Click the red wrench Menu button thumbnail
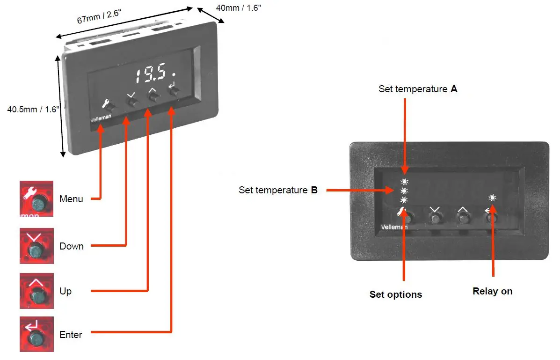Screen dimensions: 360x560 tap(36, 199)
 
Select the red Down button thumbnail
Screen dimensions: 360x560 tap(36, 245)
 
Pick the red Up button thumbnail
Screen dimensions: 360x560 tap(36, 291)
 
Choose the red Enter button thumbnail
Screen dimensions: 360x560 tap(36, 334)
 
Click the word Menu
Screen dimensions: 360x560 tap(71, 199)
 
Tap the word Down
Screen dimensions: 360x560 tap(72, 246)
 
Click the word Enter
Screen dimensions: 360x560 tap(71, 335)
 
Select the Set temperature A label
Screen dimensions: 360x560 tap(418, 89)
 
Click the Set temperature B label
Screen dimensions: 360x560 tap(278, 190)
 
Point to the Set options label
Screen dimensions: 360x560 tap(396, 294)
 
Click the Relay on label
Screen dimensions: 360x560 tap(492, 291)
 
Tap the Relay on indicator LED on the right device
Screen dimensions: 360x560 tap(492, 198)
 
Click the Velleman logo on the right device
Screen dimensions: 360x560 tap(394, 227)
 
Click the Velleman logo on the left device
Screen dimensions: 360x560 tap(101, 118)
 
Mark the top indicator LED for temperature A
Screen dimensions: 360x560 tap(404, 182)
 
